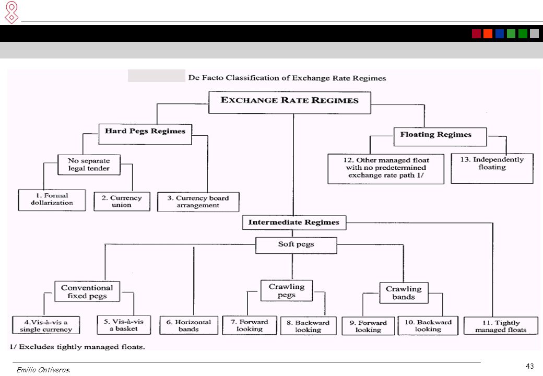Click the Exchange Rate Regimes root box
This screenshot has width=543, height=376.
(x=289, y=102)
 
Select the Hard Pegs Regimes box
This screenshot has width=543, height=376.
(x=145, y=134)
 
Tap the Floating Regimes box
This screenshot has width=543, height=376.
(x=440, y=137)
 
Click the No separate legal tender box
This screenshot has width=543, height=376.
(x=89, y=164)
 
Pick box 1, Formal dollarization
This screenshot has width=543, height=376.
(x=52, y=200)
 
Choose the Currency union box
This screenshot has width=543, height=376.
(x=122, y=202)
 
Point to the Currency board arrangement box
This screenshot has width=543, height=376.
(x=198, y=202)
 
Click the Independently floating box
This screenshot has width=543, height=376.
(x=492, y=168)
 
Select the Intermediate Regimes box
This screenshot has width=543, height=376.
(x=294, y=222)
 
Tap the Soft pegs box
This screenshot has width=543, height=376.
(x=296, y=245)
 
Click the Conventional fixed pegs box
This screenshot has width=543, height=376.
(x=87, y=291)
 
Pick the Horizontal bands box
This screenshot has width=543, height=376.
(x=188, y=325)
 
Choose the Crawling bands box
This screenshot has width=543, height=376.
(x=404, y=293)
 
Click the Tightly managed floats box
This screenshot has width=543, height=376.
(x=501, y=326)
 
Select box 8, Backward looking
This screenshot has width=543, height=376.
(x=308, y=326)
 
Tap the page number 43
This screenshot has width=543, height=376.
(x=530, y=366)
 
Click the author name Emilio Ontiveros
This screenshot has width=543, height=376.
(x=43, y=370)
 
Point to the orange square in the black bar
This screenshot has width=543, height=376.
(x=488, y=33)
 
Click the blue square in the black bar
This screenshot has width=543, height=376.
(x=500, y=33)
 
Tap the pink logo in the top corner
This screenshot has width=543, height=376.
(x=11, y=13)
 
